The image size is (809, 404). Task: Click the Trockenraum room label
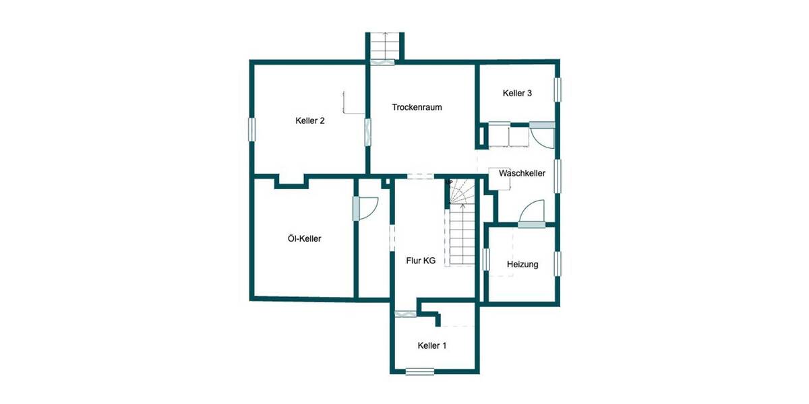[417, 107]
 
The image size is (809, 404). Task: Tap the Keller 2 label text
[310, 121]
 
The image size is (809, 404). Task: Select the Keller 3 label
[517, 94]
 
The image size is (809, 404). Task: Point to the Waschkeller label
[522, 174]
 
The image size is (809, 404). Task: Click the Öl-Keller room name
[300, 238]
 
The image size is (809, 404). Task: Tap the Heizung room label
[522, 265]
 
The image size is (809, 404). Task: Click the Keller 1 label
[432, 345]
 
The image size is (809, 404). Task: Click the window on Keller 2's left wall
[251, 129]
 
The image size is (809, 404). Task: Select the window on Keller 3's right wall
[558, 90]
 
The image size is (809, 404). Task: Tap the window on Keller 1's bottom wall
[420, 371]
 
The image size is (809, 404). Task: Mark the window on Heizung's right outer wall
[558, 263]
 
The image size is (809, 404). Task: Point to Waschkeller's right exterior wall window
[558, 176]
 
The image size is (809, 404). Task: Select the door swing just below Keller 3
[541, 136]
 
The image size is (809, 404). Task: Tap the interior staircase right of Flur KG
[464, 226]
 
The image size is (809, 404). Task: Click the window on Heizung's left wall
[485, 260]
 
